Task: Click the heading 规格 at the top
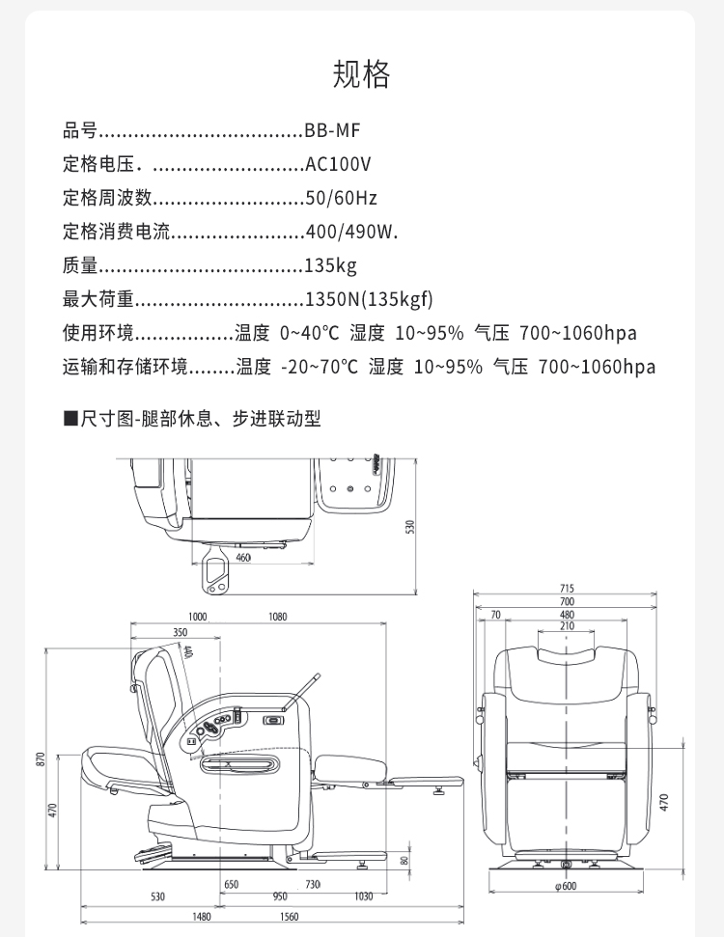(x=362, y=74)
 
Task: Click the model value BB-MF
(x=332, y=131)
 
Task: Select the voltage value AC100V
(x=337, y=165)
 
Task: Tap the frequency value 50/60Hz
(x=340, y=199)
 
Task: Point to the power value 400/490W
(x=350, y=232)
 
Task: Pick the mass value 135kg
(x=330, y=265)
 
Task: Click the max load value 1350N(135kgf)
(x=369, y=299)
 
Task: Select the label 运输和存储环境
(x=125, y=367)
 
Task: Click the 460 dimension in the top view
(x=242, y=557)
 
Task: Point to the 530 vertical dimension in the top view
(x=409, y=527)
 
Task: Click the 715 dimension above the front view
(x=566, y=589)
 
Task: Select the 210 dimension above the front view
(x=566, y=626)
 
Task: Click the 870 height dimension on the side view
(x=42, y=759)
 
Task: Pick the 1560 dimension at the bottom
(x=289, y=918)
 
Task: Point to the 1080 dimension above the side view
(x=278, y=617)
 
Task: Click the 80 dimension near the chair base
(x=404, y=860)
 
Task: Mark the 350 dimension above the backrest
(x=181, y=633)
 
